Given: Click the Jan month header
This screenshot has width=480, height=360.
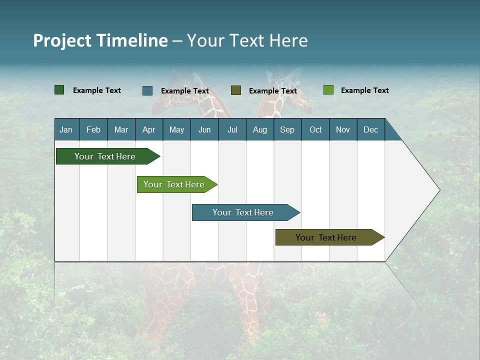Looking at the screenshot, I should tap(66, 129).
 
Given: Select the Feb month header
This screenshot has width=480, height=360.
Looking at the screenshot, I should tap(93, 129).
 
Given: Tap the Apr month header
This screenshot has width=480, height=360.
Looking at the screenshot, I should tap(148, 129).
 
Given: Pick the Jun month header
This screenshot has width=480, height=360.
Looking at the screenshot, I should tap(204, 129).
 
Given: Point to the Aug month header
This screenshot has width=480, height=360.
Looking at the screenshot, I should tap(259, 129).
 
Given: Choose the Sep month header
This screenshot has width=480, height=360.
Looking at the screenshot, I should tap(287, 129).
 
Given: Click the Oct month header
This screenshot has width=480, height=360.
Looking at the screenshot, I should tap(315, 129).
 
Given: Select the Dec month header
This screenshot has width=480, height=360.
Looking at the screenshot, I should tap(370, 129).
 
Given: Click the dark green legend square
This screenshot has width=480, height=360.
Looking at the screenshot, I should tap(59, 90).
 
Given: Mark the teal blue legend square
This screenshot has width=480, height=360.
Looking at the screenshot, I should tap(147, 90).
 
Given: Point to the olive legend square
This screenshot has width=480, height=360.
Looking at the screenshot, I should tap(236, 90).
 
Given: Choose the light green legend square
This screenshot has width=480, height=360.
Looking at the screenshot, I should tap(328, 90).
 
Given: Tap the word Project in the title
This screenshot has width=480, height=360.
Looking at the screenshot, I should tap(62, 40).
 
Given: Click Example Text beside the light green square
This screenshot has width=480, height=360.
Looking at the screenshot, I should tap(364, 90).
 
